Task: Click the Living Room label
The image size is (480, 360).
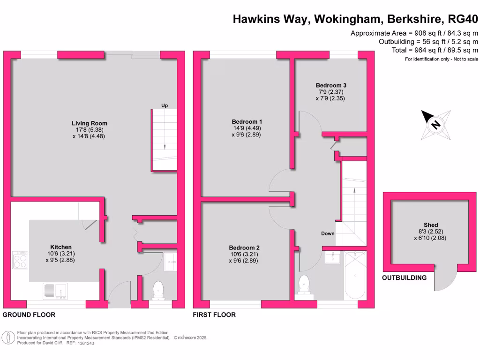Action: coord(90,123)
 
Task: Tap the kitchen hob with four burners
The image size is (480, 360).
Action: coord(21,260)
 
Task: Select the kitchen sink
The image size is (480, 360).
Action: coord(55,291)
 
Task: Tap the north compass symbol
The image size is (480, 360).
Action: coord(435,125)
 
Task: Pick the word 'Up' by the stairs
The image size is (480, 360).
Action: coord(165,105)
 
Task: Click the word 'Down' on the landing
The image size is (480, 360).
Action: coord(328,233)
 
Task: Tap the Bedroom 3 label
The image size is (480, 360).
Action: coord(331,85)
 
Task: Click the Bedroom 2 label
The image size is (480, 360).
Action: coord(244,247)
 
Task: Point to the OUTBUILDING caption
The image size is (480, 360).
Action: coord(404,277)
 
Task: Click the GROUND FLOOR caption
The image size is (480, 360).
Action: coord(29,315)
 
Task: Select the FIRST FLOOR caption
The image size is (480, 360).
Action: coord(214,315)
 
